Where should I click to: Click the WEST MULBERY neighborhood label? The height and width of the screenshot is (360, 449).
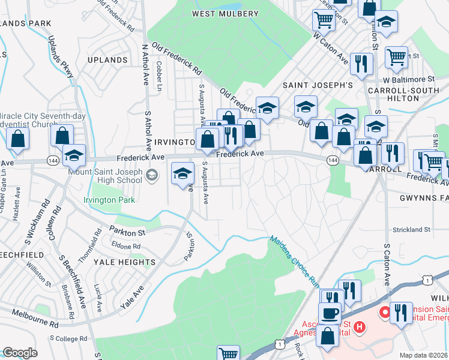click(225, 13)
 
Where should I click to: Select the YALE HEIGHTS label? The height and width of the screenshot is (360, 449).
click(128, 262)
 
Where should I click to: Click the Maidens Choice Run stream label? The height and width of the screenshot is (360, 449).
click(294, 260)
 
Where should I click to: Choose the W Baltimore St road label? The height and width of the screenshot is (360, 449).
click(409, 79)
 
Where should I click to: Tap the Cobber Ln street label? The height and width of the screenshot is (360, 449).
click(160, 76)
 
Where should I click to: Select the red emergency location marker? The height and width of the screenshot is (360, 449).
click(382, 312)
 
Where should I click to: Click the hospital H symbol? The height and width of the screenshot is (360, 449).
click(359, 327)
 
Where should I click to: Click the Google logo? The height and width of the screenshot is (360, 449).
click(20, 353)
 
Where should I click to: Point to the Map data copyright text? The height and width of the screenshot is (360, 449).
click(423, 355)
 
